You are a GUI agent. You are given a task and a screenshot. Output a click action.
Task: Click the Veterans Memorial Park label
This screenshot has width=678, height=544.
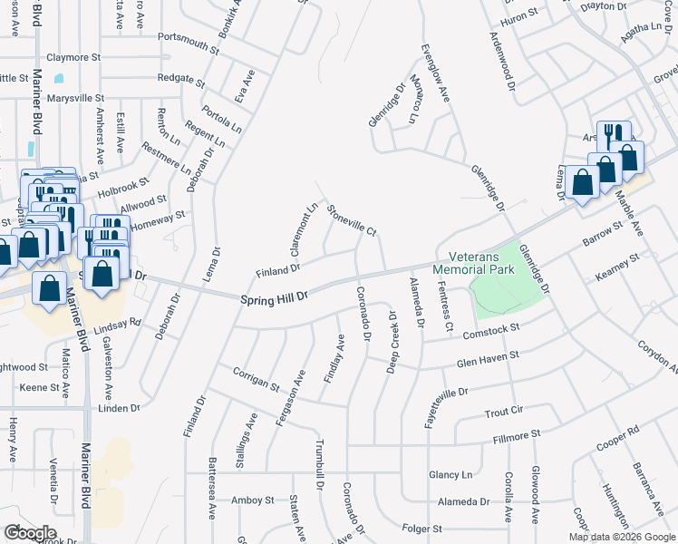coord(473,262)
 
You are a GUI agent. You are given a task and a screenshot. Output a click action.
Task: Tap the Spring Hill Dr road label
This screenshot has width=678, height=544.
coord(275,296)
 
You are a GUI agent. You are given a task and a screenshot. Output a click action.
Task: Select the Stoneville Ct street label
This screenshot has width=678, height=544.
coord(352,219)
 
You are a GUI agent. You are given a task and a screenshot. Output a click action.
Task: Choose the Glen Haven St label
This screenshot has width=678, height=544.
coord(487,360)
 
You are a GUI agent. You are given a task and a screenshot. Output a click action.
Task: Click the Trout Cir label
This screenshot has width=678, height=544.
coord(504,411)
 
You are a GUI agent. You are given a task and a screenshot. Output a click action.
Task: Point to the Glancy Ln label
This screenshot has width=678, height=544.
coord(451,474)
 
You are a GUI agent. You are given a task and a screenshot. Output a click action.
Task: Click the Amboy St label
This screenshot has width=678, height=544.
coord(252,500)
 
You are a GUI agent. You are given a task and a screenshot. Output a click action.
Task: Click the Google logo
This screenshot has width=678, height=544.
coord(29,532)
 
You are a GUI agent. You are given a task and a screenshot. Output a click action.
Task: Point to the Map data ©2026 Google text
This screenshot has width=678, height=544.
coord(621,537)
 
